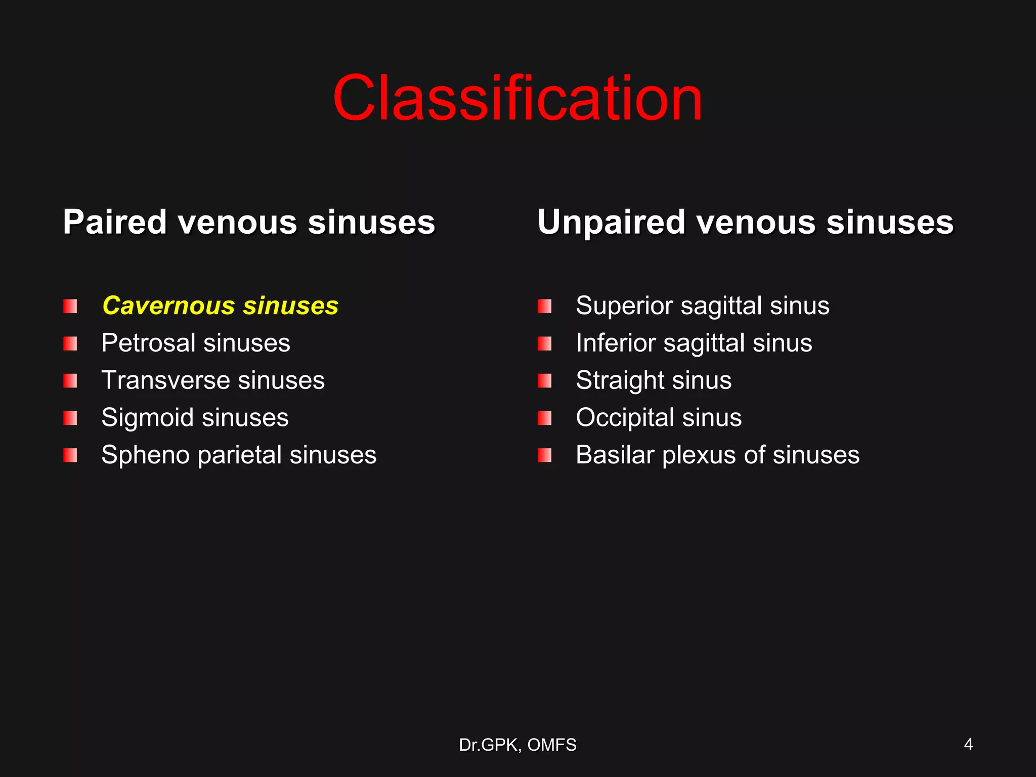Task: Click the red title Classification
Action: pos(517,98)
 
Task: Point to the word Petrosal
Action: pos(148,343)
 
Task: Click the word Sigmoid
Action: pos(147,418)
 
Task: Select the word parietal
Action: pos(239,455)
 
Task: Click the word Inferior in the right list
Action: pos(615,343)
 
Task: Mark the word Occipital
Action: pos(625,418)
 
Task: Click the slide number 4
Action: pos(968,745)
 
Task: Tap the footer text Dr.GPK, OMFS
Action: pos(517,745)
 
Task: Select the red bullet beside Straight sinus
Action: pos(544,381)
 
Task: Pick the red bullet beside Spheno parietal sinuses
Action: pos(70,455)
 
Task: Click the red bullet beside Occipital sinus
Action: pos(544,418)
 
